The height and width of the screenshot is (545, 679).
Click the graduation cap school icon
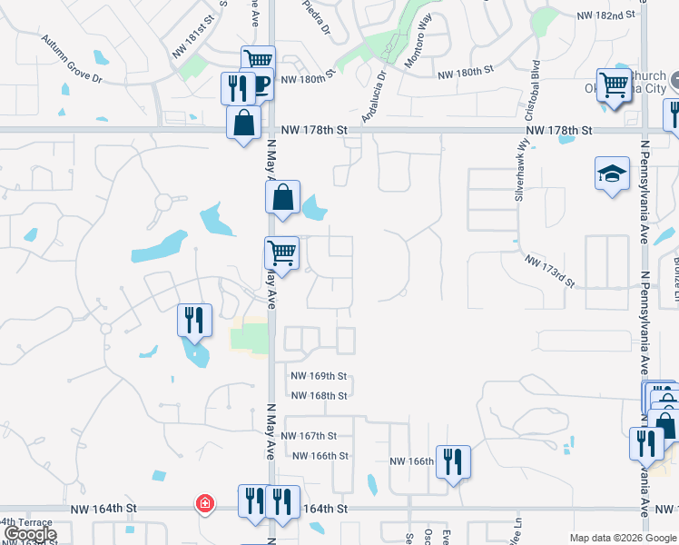613,173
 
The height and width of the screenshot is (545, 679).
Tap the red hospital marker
205,502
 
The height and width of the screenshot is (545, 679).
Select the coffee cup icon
259,84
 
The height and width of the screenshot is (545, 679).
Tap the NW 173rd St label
549,271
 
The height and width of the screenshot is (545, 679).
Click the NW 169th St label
319,375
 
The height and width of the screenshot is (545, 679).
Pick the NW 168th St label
319,395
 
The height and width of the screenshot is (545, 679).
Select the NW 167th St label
309,436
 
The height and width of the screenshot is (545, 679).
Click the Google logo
30,534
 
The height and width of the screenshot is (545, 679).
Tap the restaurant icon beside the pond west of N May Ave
195,320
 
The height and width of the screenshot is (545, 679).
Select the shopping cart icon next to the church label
615,85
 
